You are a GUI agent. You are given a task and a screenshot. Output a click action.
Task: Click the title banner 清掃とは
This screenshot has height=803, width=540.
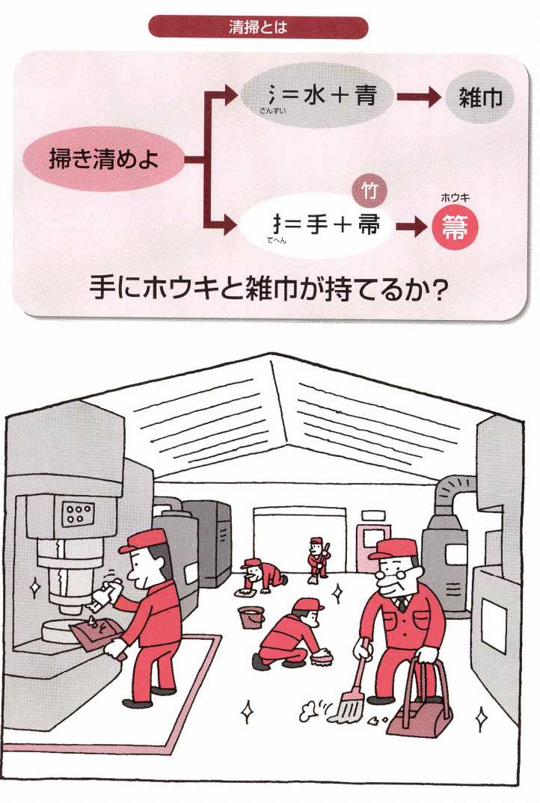point(258,28)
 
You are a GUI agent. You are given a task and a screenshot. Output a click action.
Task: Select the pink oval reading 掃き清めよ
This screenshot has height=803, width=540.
point(103,159)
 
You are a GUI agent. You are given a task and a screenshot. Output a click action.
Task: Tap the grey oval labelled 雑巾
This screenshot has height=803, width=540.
point(480,98)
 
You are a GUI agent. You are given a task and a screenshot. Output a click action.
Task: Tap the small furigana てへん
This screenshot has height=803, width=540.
point(277,241)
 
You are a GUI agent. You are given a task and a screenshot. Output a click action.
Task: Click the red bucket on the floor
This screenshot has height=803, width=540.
point(251,618)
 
